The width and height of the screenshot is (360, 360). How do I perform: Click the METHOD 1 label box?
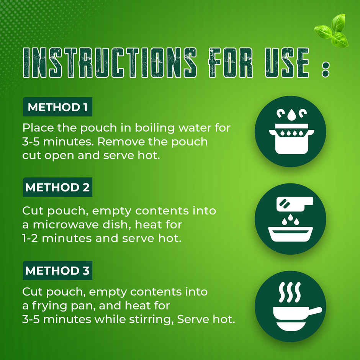coord(57,107)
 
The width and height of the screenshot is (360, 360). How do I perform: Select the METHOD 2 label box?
coord(57,187)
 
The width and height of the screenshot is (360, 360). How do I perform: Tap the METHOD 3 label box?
coord(57,270)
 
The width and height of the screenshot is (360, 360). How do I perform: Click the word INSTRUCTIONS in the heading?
coord(110,63)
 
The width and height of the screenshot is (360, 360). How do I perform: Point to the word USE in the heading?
coord(287,63)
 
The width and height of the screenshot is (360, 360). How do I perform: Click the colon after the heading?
coord(326,69)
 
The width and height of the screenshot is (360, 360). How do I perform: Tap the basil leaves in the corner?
coord(332,30)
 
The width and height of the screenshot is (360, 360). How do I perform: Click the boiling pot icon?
coord(290,131)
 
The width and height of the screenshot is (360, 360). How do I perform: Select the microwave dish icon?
coord(290,219)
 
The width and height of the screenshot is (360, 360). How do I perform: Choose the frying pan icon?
coord(290,306)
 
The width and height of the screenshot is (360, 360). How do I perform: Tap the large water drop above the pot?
coord(291,115)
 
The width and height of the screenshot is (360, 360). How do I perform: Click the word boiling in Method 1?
coord(155,128)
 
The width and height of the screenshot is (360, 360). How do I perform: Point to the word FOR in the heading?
coord(231,63)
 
